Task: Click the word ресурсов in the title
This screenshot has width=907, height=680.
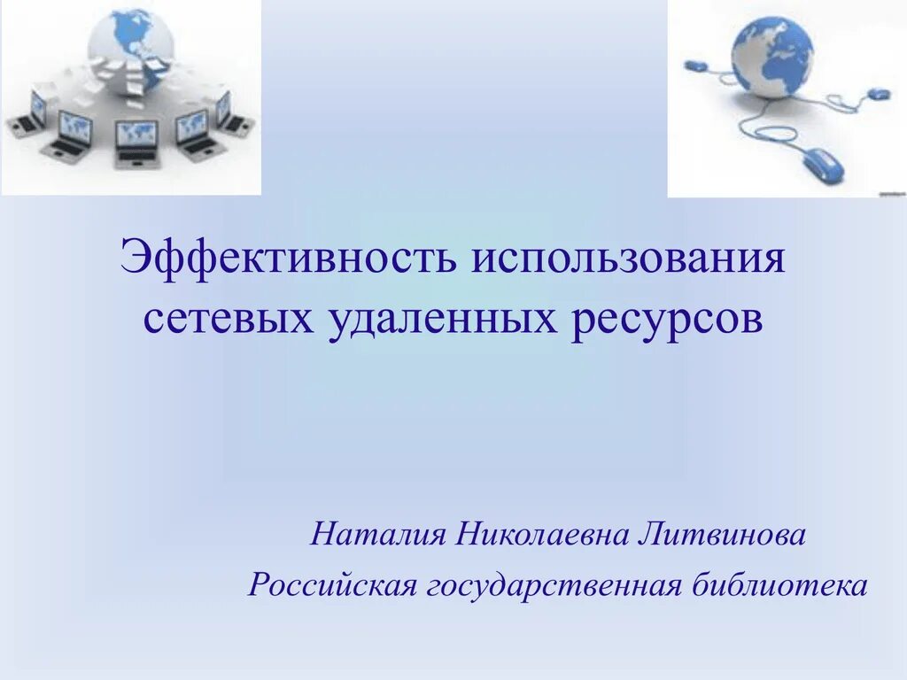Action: coord(667,318)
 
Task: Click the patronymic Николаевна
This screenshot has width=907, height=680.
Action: coord(540,535)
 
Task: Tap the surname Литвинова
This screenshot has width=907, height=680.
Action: coord(719,535)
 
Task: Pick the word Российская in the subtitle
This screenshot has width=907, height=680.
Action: coord(332,585)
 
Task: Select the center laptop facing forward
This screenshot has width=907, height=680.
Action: coord(136,142)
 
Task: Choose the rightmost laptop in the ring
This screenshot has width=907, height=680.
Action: coord(232,113)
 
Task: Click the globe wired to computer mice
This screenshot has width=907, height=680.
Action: coord(771,58)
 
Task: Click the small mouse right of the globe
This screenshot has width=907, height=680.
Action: coord(877,93)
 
